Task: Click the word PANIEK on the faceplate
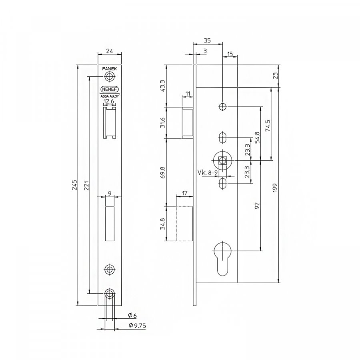pyautogui.click(x=110, y=69)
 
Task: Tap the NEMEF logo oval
pyautogui.click(x=110, y=89)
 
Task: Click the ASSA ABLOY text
pyautogui.click(x=110, y=97)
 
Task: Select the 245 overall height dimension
pyautogui.click(x=75, y=185)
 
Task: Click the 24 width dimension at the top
pyautogui.click(x=110, y=51)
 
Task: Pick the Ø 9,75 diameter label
pyautogui.click(x=137, y=326)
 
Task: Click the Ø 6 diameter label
pyautogui.click(x=132, y=316)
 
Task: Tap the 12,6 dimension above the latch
pyautogui.click(x=109, y=102)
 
